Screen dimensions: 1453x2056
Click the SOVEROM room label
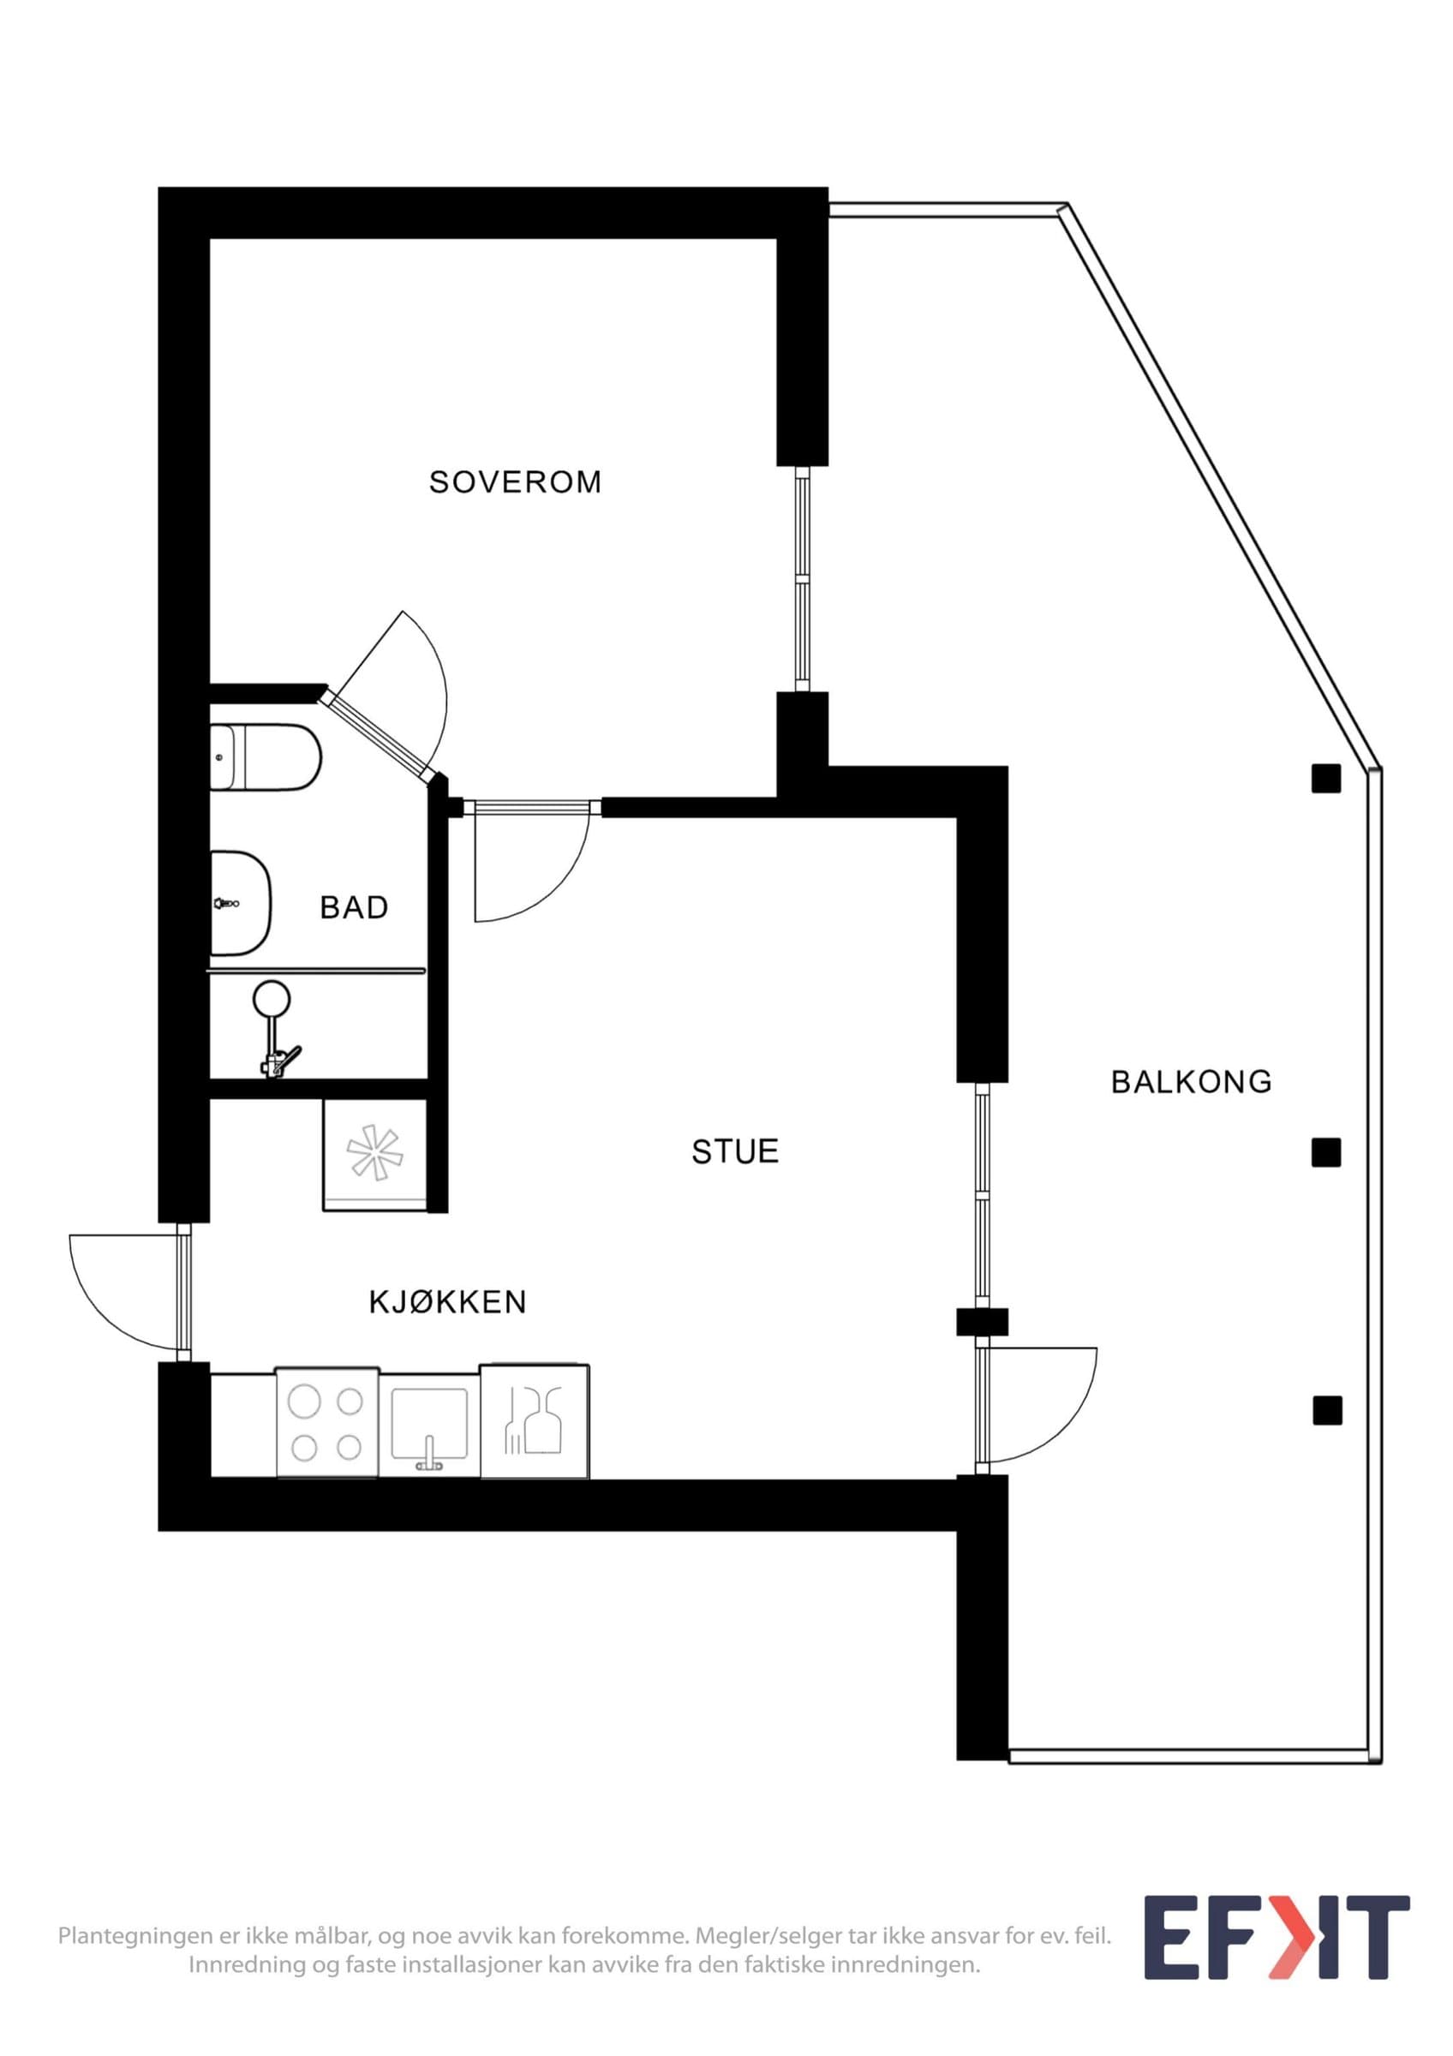[515, 482]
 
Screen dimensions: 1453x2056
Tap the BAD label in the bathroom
[355, 908]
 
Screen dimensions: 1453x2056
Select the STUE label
[735, 1151]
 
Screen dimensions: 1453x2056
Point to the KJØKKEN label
[447, 1301]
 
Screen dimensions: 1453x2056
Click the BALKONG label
[1192, 1082]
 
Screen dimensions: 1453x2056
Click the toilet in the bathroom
[265, 757]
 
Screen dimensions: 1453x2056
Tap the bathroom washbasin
[240, 904]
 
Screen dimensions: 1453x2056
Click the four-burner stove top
[326, 1422]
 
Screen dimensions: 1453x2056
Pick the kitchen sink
[429, 1423]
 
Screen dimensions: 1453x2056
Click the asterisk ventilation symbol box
[375, 1155]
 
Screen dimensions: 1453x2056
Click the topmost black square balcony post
[1326, 779]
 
